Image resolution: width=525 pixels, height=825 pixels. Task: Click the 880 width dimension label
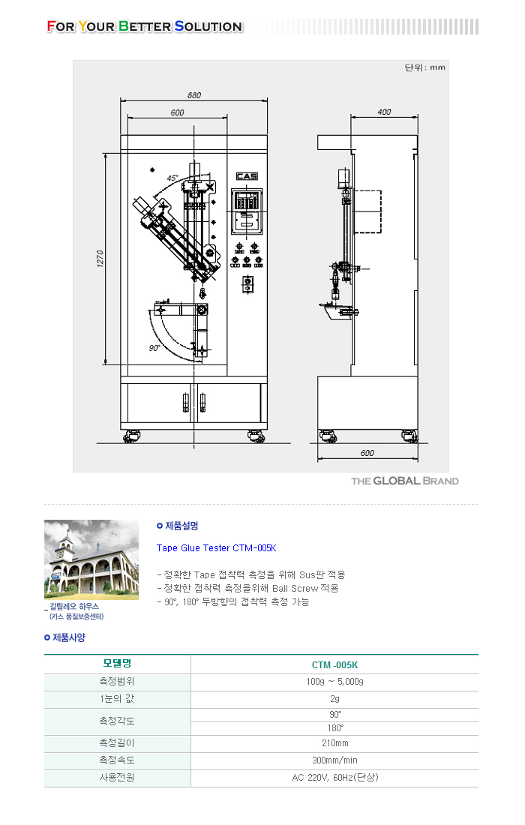click(194, 95)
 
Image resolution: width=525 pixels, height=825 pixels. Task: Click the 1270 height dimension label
click(100, 259)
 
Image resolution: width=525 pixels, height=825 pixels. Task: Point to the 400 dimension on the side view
click(384, 112)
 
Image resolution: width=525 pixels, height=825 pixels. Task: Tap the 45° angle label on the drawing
click(172, 178)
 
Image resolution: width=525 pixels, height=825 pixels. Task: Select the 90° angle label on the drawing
click(154, 348)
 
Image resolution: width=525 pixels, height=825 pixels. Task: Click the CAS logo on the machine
click(247, 176)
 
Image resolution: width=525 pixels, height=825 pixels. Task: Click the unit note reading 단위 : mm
click(425, 67)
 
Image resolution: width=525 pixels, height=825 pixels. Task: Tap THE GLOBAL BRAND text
click(404, 481)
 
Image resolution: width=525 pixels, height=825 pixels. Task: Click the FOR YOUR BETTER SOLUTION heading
click(144, 26)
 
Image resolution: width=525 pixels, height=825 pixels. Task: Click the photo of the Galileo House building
click(91, 559)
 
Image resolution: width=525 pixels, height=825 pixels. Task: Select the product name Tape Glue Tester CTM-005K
click(216, 548)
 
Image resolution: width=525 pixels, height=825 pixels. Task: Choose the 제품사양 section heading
click(68, 637)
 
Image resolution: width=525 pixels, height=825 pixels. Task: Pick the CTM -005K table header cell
click(334, 665)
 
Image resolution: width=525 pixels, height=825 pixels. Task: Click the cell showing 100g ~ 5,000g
click(334, 682)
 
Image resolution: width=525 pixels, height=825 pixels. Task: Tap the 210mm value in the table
click(334, 743)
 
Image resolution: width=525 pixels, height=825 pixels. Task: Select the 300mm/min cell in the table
click(334, 760)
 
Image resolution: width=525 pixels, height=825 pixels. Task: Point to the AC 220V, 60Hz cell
click(334, 778)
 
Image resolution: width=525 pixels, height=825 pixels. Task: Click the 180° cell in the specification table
click(334, 728)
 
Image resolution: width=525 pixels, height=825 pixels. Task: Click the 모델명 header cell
click(117, 664)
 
